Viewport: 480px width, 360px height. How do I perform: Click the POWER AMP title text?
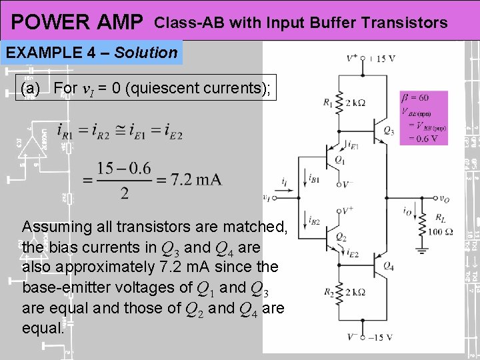coord(77,23)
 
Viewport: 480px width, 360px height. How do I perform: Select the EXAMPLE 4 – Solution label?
coord(92,53)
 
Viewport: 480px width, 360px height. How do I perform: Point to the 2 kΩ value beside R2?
coord(355,291)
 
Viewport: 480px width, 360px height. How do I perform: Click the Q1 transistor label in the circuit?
coord(339,160)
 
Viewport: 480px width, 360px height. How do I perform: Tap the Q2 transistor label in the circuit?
coord(341,237)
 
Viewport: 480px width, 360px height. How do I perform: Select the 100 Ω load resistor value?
coord(441,231)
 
